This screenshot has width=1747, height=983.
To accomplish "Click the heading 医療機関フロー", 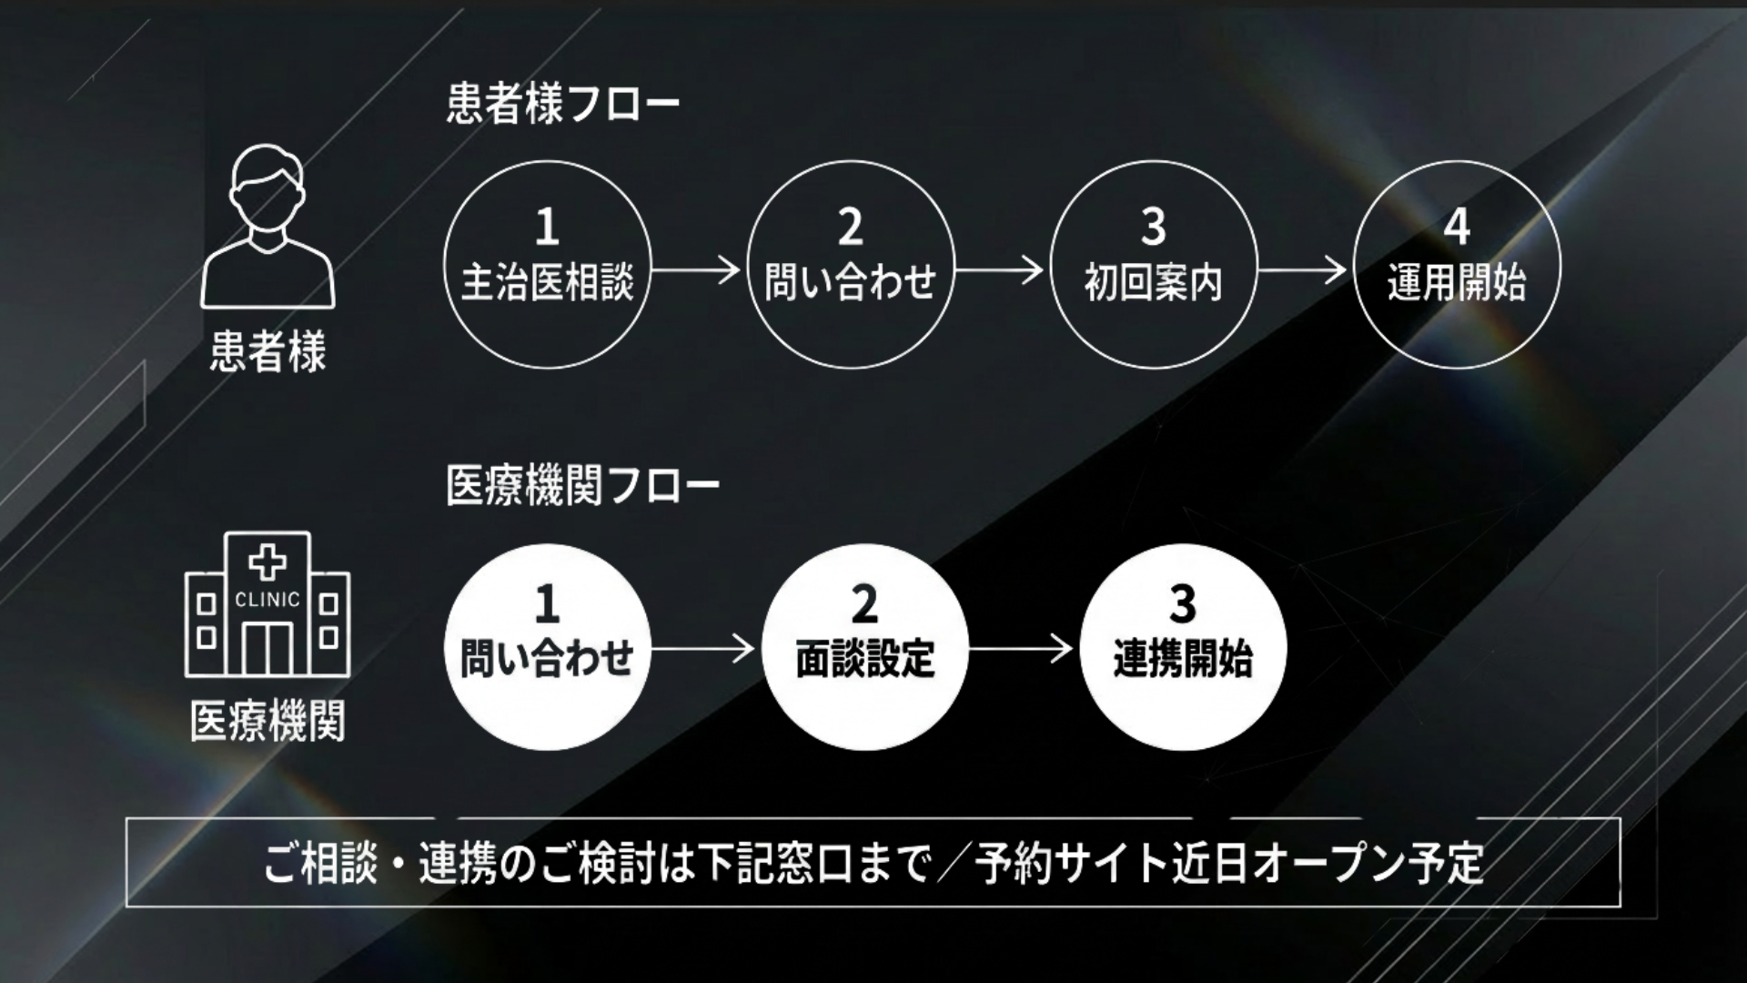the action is (582, 486).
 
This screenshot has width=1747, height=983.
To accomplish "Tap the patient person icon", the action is (268, 227).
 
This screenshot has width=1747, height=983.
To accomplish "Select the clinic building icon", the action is (268, 605).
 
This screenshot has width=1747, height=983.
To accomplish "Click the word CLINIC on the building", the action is (268, 600).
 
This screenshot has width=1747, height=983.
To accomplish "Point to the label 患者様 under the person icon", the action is (268, 351).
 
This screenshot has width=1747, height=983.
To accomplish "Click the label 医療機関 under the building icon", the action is (268, 722).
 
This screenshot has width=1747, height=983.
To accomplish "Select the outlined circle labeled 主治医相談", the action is (547, 265).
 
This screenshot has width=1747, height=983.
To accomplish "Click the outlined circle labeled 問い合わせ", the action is (850, 265).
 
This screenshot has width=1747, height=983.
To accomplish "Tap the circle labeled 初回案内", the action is (1153, 265).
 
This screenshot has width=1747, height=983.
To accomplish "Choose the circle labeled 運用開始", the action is (1457, 265).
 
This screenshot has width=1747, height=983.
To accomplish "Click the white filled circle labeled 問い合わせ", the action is (547, 647).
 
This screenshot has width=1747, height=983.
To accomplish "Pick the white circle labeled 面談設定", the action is (864, 647).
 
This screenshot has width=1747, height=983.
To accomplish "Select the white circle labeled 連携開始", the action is (1182, 647).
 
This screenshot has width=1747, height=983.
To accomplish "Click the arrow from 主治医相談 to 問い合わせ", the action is (697, 270).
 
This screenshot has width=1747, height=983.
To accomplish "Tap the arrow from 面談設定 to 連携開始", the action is (1022, 649).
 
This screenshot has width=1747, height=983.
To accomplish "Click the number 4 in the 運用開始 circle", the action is (1457, 228).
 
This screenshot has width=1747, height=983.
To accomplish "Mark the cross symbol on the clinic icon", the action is (268, 562).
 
